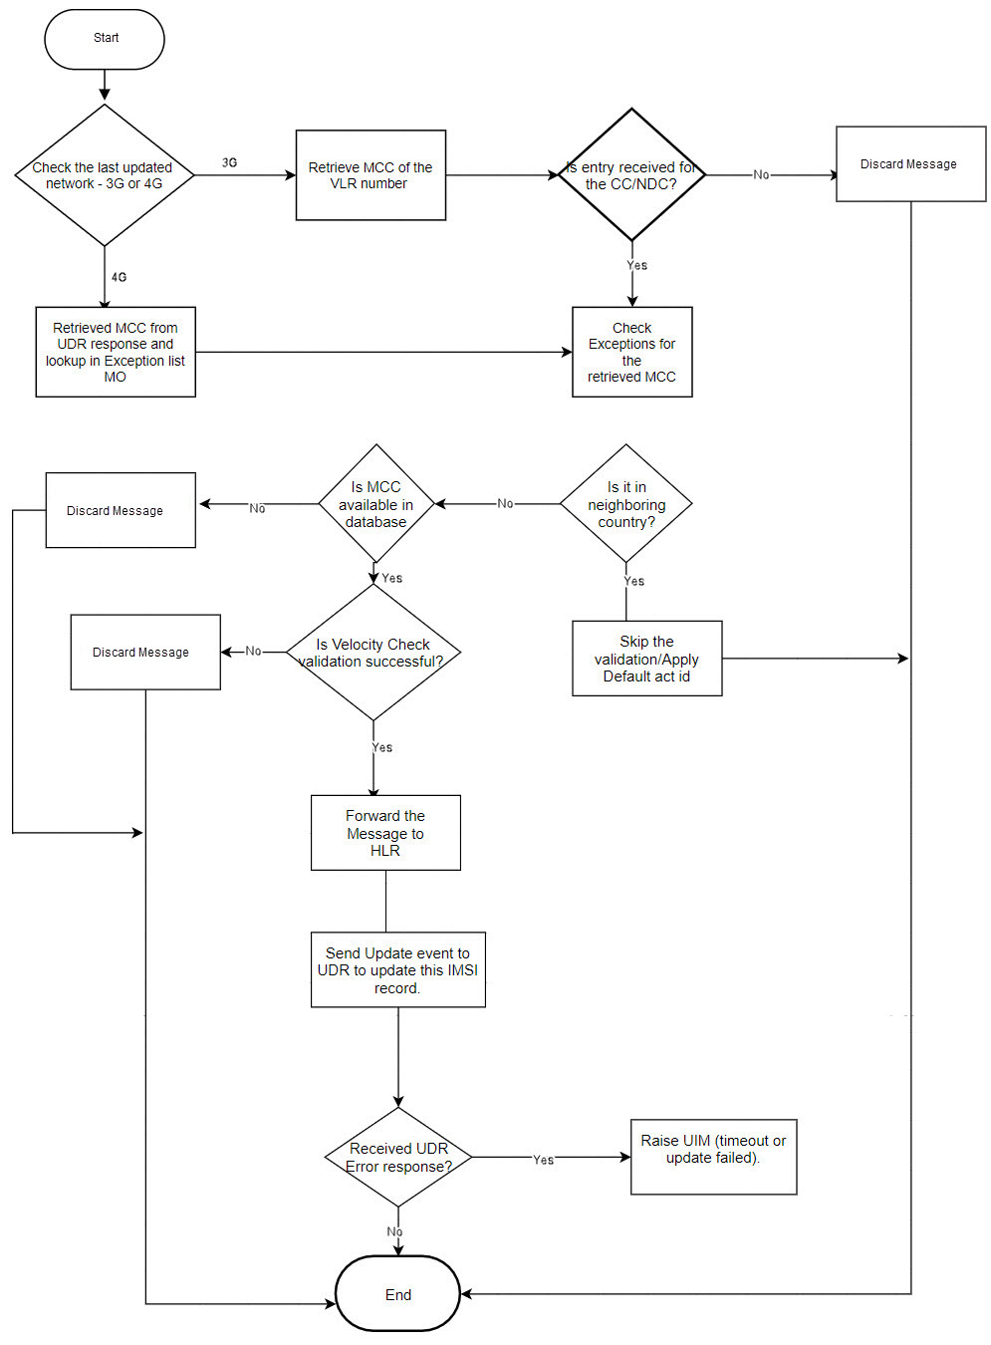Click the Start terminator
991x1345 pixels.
pyautogui.click(x=105, y=39)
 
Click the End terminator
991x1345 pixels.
pyautogui.click(x=397, y=1293)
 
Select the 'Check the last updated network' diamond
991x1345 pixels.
pyautogui.click(x=104, y=175)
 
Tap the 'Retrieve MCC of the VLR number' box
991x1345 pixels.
pyautogui.click(x=371, y=175)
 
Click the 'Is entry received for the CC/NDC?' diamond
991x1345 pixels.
pyautogui.click(x=631, y=175)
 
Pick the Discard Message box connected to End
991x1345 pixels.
pyautogui.click(x=909, y=164)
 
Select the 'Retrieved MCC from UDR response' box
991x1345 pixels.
pyautogui.click(x=116, y=352)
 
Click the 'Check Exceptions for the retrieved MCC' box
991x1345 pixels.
pyautogui.click(x=631, y=352)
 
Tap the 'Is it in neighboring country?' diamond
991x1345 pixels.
pyautogui.click(x=625, y=504)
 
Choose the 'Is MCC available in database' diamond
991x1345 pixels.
pyautogui.click(x=375, y=504)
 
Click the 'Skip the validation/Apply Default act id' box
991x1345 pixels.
pyautogui.click(x=646, y=659)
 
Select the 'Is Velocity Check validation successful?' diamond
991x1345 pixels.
pyautogui.click(x=372, y=653)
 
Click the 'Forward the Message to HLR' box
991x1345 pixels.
pyautogui.click(x=385, y=833)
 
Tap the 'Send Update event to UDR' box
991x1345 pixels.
pyautogui.click(x=397, y=970)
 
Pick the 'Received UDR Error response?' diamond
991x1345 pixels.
pyautogui.click(x=398, y=1157)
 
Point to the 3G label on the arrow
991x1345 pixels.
pyautogui.click(x=229, y=162)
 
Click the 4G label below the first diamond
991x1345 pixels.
pyautogui.click(x=119, y=277)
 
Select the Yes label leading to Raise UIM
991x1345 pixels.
pyautogui.click(x=543, y=1160)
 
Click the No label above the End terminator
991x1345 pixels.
pyautogui.click(x=394, y=1232)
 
